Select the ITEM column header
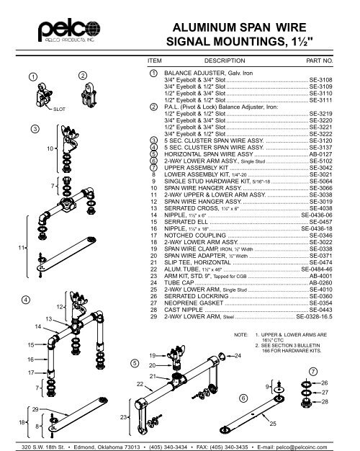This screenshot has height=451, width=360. (x=155, y=62)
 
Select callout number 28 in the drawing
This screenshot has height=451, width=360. (x=325, y=401)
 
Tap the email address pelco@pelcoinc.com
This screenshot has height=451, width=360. (x=316, y=445)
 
